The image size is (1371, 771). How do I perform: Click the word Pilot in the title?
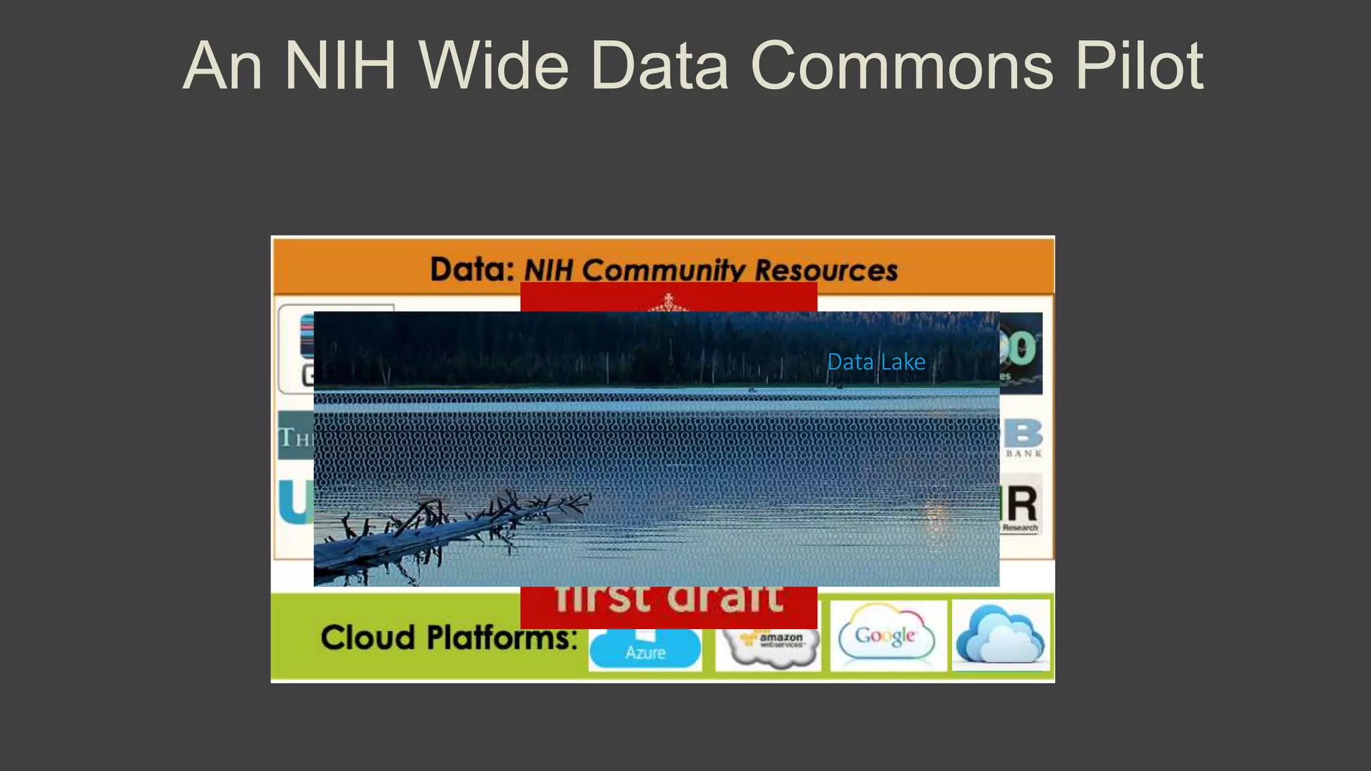pyautogui.click(x=1139, y=66)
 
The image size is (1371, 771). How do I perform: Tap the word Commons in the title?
pyautogui.click(x=901, y=66)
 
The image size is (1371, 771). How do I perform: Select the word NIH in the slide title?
pyautogui.click(x=341, y=66)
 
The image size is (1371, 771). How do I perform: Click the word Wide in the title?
pyautogui.click(x=494, y=66)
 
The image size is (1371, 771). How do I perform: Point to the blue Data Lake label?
pyautogui.click(x=876, y=362)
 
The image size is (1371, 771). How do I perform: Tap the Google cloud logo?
pyautogui.click(x=886, y=635)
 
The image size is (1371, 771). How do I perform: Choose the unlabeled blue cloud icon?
pyautogui.click(x=1000, y=634)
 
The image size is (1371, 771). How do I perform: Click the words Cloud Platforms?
pyautogui.click(x=449, y=637)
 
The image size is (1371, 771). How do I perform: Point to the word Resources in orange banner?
pyautogui.click(x=826, y=270)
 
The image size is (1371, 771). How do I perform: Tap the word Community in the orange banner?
pyautogui.click(x=663, y=270)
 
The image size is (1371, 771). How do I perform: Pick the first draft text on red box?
pyautogui.click(x=668, y=598)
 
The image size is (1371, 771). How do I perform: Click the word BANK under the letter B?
pyautogui.click(x=1024, y=454)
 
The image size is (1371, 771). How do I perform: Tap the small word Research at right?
pyautogui.click(x=1020, y=527)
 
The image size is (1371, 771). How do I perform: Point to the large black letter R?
pyautogui.click(x=1022, y=504)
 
